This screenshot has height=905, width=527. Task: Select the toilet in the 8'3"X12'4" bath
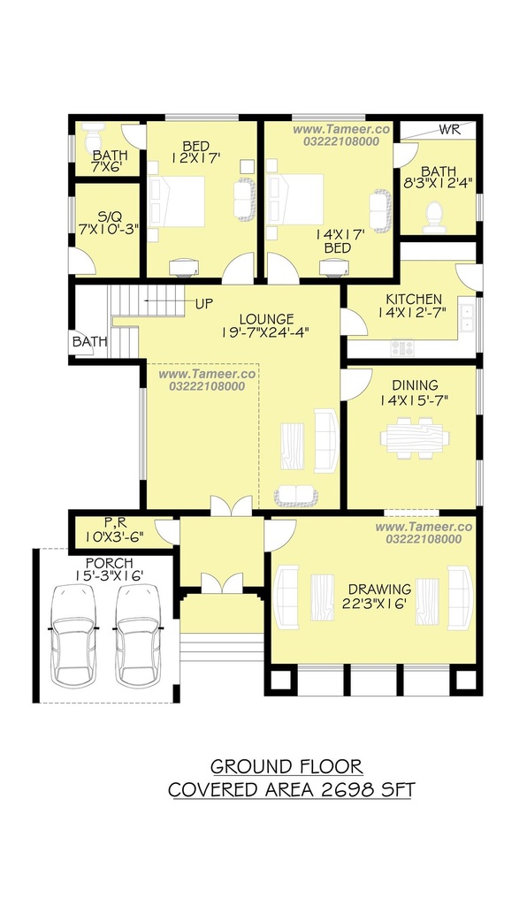click(x=434, y=218)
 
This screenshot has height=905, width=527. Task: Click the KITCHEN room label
click(x=414, y=300)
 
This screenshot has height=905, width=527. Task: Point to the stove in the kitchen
click(x=402, y=348)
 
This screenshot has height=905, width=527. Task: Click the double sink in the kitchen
click(x=468, y=318)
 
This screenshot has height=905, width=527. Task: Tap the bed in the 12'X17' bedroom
click(x=177, y=202)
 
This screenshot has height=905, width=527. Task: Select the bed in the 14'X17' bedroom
click(x=295, y=199)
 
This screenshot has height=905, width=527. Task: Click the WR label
click(x=450, y=129)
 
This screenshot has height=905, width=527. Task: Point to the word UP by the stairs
click(x=204, y=304)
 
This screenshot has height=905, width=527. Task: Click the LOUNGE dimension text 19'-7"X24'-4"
click(x=266, y=332)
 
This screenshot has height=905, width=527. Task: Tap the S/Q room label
click(x=110, y=217)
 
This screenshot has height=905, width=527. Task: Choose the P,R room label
click(x=116, y=523)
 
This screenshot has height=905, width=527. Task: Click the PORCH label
click(x=109, y=563)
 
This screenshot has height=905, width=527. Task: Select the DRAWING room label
click(x=380, y=589)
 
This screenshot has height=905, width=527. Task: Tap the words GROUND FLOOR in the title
click(x=286, y=767)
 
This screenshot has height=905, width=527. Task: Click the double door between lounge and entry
click(x=232, y=505)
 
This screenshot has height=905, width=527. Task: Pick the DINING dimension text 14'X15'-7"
click(x=414, y=399)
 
